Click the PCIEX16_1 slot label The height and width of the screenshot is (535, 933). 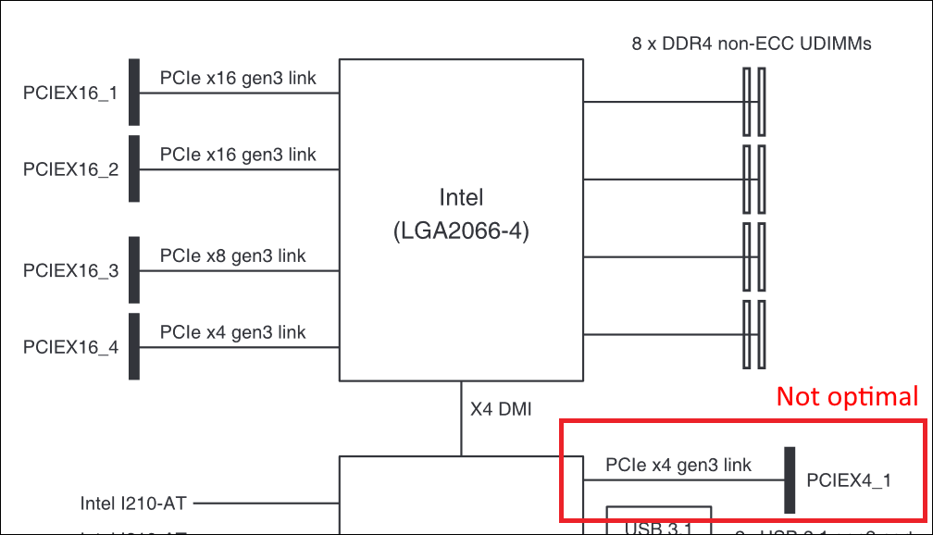[70, 93]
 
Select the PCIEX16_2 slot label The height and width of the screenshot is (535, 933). [70, 169]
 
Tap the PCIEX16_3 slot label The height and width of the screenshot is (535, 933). [70, 271]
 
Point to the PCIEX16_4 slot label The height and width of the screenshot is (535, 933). [70, 348]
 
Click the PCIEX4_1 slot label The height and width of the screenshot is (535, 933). [849, 480]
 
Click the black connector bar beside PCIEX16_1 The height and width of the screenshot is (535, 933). [134, 93]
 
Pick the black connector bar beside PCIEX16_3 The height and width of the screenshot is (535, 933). [134, 270]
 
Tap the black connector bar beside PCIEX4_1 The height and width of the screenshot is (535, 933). [790, 479]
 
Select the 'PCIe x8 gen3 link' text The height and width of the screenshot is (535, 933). [232, 255]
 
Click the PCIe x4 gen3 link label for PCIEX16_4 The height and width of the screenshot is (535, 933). [232, 331]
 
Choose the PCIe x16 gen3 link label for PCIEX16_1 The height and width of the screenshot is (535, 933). [238, 78]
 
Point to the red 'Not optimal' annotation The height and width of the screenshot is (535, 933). [847, 396]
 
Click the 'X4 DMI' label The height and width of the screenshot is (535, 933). [501, 408]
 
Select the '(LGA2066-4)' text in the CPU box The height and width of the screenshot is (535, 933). [461, 231]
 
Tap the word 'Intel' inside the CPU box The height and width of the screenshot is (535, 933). [461, 197]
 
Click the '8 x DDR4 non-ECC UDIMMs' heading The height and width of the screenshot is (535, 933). [750, 44]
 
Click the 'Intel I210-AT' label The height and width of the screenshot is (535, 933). [133, 504]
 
